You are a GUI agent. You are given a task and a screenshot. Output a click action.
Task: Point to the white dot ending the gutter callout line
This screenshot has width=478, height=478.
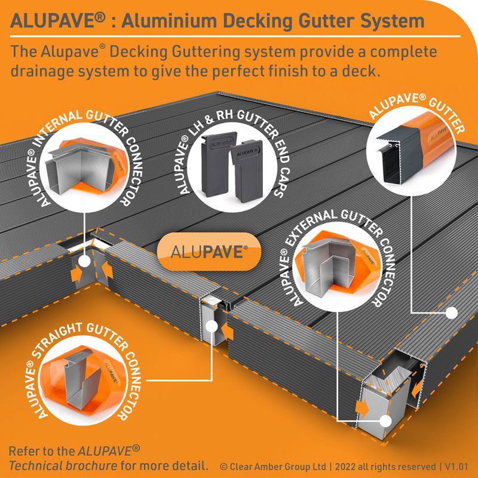(453, 311)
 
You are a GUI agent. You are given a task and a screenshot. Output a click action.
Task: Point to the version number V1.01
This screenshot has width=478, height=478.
(454, 465)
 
